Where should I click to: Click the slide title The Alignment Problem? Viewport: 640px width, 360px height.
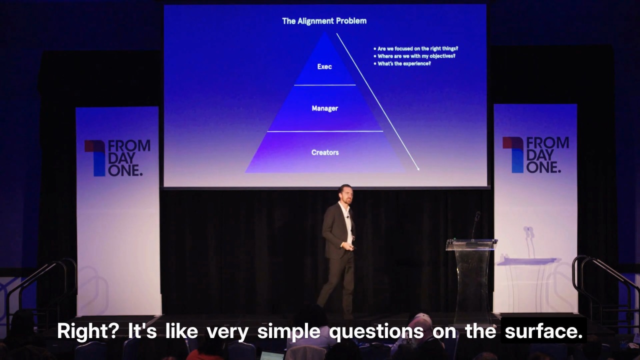(x=324, y=21)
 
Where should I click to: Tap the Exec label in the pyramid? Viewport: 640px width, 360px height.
(x=324, y=66)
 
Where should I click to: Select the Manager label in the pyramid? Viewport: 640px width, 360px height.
(x=325, y=108)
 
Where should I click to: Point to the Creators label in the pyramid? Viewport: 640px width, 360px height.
(x=325, y=152)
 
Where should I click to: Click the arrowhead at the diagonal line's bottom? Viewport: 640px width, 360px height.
(x=418, y=168)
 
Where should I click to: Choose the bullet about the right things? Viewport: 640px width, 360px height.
(x=416, y=49)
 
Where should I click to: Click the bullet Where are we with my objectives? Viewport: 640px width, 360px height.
(x=414, y=56)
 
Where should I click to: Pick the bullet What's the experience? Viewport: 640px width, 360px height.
(x=402, y=63)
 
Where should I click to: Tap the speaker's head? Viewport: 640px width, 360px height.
(x=345, y=194)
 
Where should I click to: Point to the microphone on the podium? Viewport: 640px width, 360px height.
(x=475, y=225)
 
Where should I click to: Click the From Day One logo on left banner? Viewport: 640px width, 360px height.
(x=117, y=158)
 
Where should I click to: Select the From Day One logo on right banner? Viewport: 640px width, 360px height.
(x=535, y=155)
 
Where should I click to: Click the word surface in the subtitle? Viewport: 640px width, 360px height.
(x=543, y=331)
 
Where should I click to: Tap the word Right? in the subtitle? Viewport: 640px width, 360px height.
(x=87, y=331)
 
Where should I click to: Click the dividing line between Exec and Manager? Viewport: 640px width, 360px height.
(x=325, y=85)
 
